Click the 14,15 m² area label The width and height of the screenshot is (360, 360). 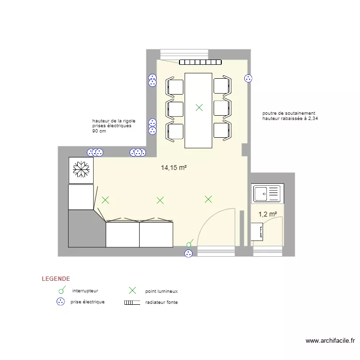pyautogui.click(x=174, y=168)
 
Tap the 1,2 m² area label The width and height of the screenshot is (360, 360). pyautogui.click(x=267, y=214)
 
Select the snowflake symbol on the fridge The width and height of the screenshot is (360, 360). pyautogui.click(x=81, y=169)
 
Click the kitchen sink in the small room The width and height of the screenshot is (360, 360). pyautogui.click(x=267, y=193)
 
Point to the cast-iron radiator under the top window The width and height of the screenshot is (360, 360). pyautogui.click(x=200, y=62)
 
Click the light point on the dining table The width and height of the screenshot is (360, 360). pyautogui.click(x=199, y=108)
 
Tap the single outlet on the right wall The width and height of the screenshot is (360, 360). pyautogui.click(x=248, y=79)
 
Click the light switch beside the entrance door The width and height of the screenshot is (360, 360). pyautogui.click(x=190, y=243)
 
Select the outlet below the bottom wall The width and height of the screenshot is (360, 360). pyautogui.click(x=189, y=254)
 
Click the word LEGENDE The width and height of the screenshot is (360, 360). pyautogui.click(x=56, y=279)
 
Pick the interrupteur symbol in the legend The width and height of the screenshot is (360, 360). pyautogui.click(x=62, y=290)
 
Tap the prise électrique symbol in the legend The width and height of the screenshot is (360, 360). pyautogui.click(x=60, y=301)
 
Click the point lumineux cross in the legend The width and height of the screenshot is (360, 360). pyautogui.click(x=132, y=290)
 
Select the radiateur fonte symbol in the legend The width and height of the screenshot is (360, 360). pyautogui.click(x=132, y=302)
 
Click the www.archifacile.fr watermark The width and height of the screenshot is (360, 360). pyautogui.click(x=330, y=341)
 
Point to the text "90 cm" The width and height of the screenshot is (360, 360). pyautogui.click(x=99, y=131)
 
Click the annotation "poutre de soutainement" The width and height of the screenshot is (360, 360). pyautogui.click(x=289, y=113)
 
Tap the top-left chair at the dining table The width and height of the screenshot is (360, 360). pyautogui.click(x=175, y=86)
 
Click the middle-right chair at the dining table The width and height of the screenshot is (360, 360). pyautogui.click(x=222, y=108)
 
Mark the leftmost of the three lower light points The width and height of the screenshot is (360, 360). pyautogui.click(x=106, y=200)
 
